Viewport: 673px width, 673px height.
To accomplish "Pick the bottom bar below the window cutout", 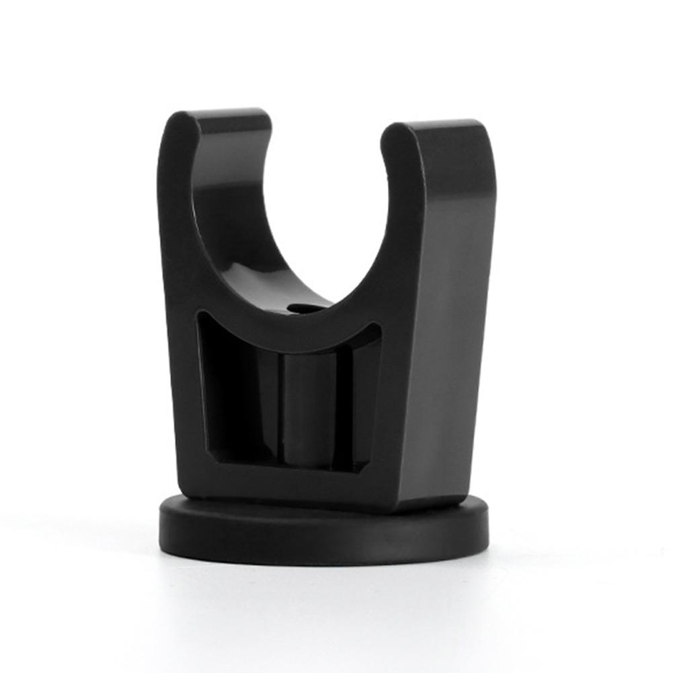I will click(282, 481).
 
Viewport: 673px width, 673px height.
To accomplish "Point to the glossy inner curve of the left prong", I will click(222, 222).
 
